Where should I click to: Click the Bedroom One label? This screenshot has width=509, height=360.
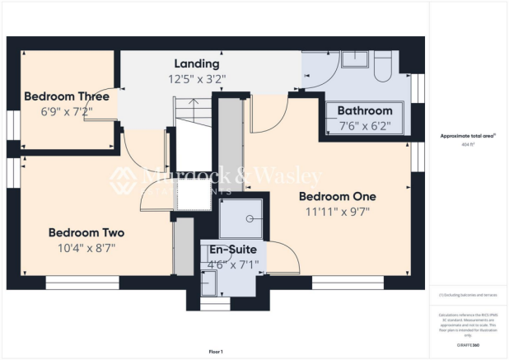coord(337,197)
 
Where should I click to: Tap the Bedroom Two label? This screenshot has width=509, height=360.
coord(86,231)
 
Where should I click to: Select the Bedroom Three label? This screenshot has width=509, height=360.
coord(67,96)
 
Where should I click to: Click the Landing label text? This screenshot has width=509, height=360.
coord(196,63)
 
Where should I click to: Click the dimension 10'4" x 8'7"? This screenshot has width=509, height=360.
coord(86,246)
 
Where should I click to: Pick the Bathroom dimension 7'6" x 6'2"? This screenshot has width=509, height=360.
coord(365,126)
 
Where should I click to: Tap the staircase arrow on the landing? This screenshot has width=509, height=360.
coord(191,106)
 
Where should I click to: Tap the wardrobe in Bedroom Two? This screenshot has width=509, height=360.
coord(183,245)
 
